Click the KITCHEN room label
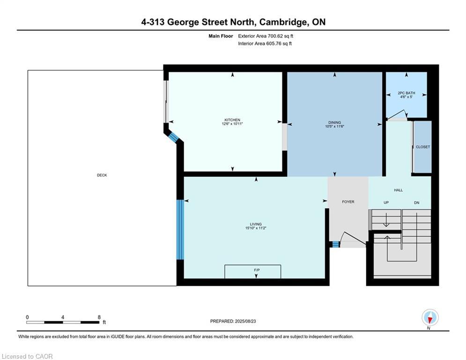click(x=232, y=120)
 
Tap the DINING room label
click(x=335, y=123)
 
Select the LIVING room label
click(x=256, y=224)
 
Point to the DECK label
click(x=102, y=175)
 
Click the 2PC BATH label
click(x=406, y=93)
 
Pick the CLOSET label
click(x=422, y=147)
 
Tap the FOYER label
click(x=348, y=202)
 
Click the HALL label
click(x=398, y=190)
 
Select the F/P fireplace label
click(x=257, y=270)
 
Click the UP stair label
click(x=386, y=202)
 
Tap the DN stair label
click(x=417, y=202)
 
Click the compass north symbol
click(x=430, y=318)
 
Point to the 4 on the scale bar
click(x=63, y=317)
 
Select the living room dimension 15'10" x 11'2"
click(x=256, y=228)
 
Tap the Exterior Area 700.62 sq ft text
click(x=266, y=36)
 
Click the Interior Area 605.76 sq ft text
click(x=265, y=44)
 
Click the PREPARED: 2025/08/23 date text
click(x=233, y=321)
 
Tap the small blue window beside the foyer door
click(x=335, y=245)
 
